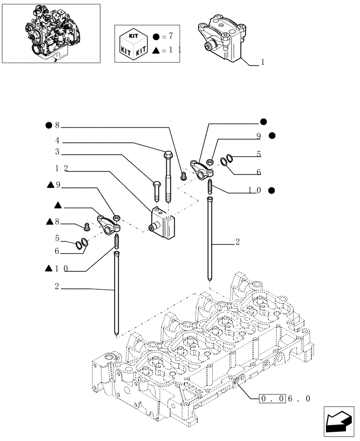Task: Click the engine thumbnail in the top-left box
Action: point(50,34)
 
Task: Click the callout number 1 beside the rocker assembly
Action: point(262,62)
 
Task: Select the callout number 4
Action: point(57,142)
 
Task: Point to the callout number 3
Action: point(57,153)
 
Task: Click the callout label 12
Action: point(61,168)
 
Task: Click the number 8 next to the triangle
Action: point(57,222)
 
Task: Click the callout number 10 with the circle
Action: point(255,191)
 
